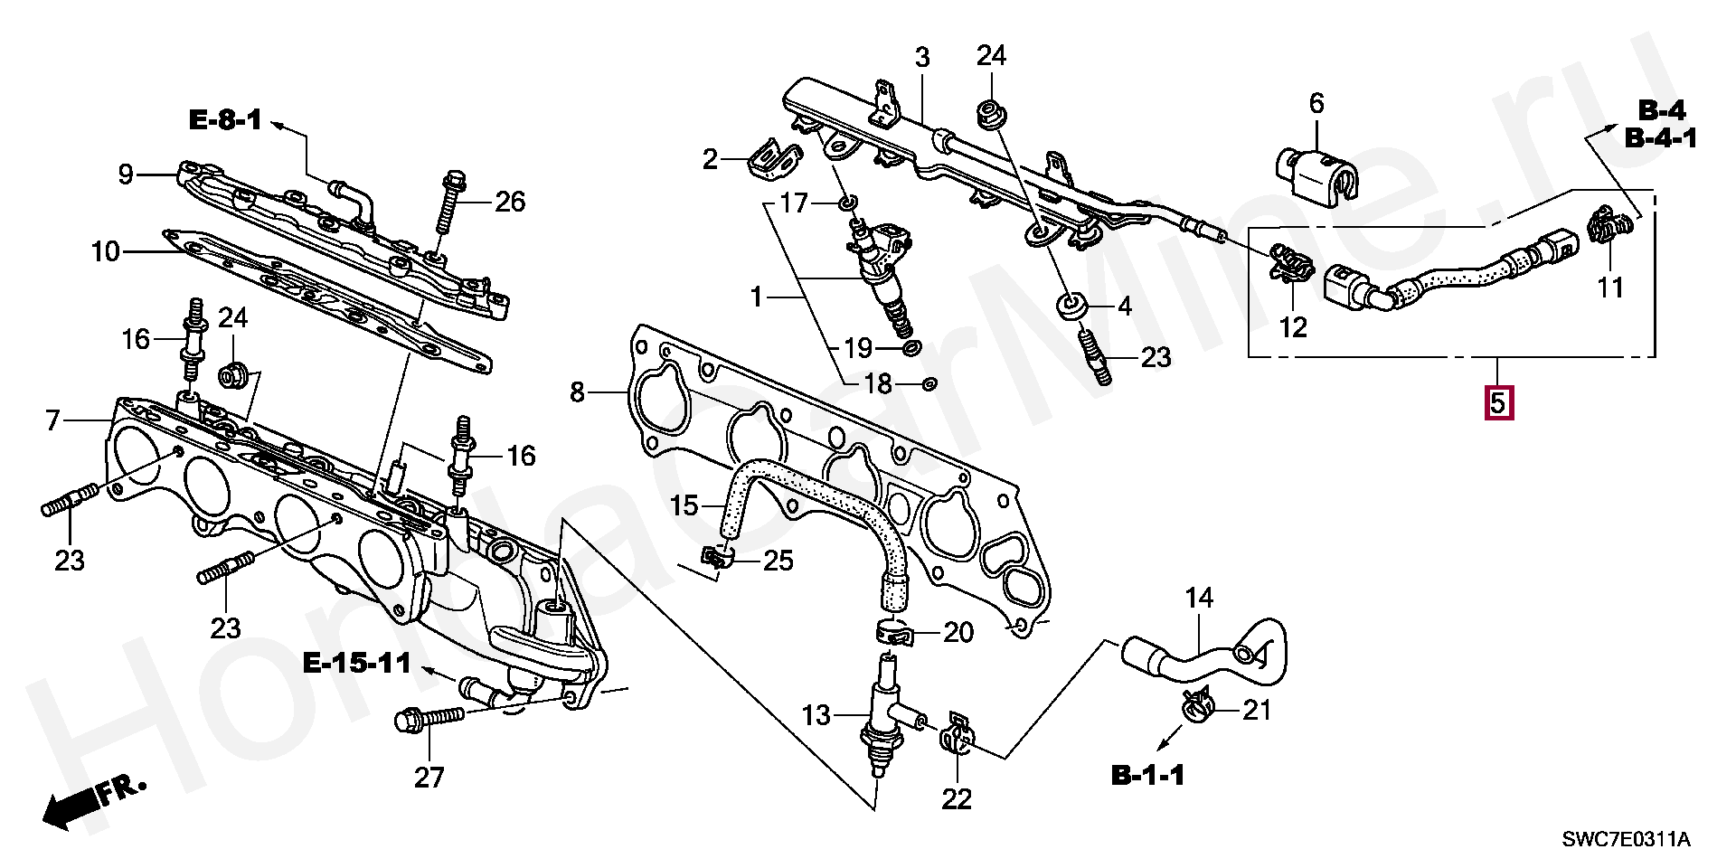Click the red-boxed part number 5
(x=1497, y=402)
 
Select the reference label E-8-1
(x=225, y=119)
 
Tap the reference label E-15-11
(x=357, y=663)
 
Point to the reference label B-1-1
(x=1147, y=775)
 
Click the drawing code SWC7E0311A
(x=1626, y=840)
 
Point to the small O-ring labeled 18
(x=928, y=384)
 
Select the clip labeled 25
(x=717, y=561)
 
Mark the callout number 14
(x=1199, y=598)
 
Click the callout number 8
(x=577, y=392)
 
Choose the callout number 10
(x=105, y=251)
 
